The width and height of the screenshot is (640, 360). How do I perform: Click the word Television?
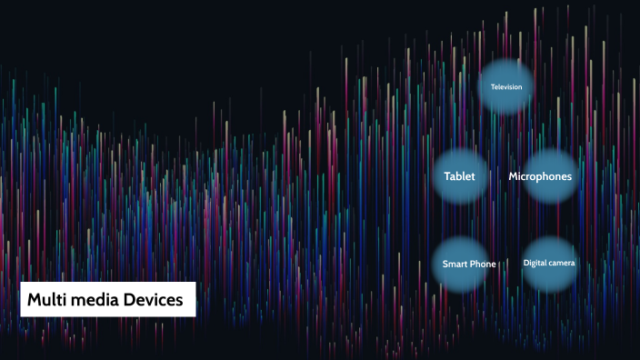click(506, 87)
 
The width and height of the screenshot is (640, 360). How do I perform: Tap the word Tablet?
click(459, 176)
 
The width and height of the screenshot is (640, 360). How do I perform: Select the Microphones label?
click(540, 176)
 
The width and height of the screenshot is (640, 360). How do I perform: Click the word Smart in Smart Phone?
click(455, 265)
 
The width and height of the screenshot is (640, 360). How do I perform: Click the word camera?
click(562, 263)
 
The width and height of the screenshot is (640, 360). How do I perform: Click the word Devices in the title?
click(154, 299)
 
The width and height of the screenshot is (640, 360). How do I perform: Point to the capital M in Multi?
click(34, 299)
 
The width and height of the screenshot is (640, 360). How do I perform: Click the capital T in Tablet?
click(446, 176)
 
